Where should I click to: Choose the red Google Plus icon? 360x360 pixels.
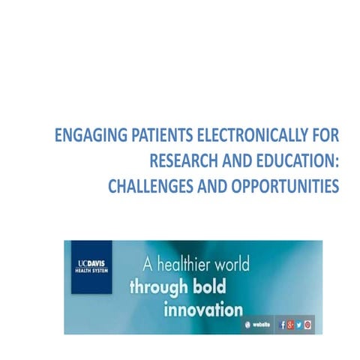tap(290, 324)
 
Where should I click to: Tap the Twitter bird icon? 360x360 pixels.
tap(298, 324)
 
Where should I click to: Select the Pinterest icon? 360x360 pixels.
tap(307, 324)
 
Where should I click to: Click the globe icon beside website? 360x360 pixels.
tap(247, 324)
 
